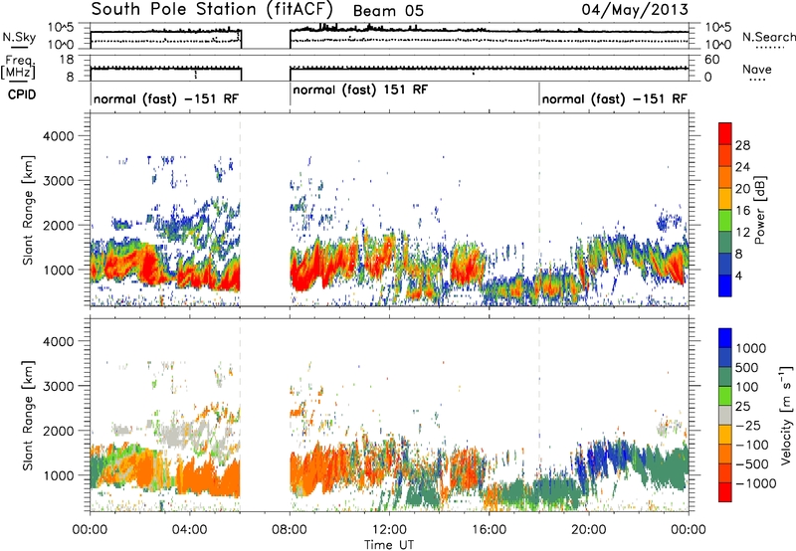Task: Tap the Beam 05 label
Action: click(388, 11)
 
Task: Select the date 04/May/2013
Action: click(635, 9)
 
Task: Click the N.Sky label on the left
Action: click(19, 37)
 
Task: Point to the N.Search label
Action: click(768, 37)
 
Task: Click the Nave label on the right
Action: click(757, 69)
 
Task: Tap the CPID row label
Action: click(22, 94)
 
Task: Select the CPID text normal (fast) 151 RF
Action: click(360, 90)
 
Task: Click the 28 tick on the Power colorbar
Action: click(742, 145)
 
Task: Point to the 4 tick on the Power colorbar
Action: click(738, 276)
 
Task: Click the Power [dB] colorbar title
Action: click(760, 210)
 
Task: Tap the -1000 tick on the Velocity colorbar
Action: click(755, 483)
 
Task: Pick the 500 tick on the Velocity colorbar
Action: click(747, 368)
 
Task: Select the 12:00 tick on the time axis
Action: click(389, 530)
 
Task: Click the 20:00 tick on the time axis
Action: click(589, 530)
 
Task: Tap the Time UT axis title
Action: click(389, 544)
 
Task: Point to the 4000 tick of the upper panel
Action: click(59, 136)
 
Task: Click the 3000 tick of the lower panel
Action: click(59, 386)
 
